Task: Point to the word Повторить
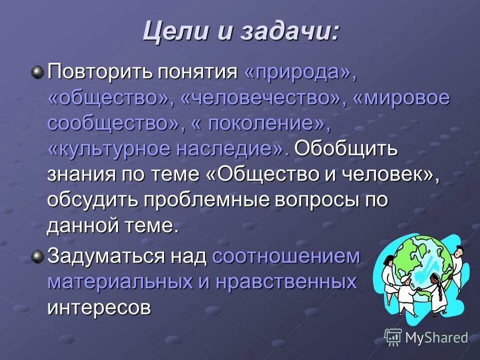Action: pyautogui.click(x=99, y=72)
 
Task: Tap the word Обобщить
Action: pyautogui.click(x=346, y=149)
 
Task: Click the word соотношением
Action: pyautogui.click(x=286, y=256)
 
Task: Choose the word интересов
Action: pyautogui.click(x=99, y=307)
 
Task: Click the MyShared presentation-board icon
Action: pyautogui.click(x=393, y=337)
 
